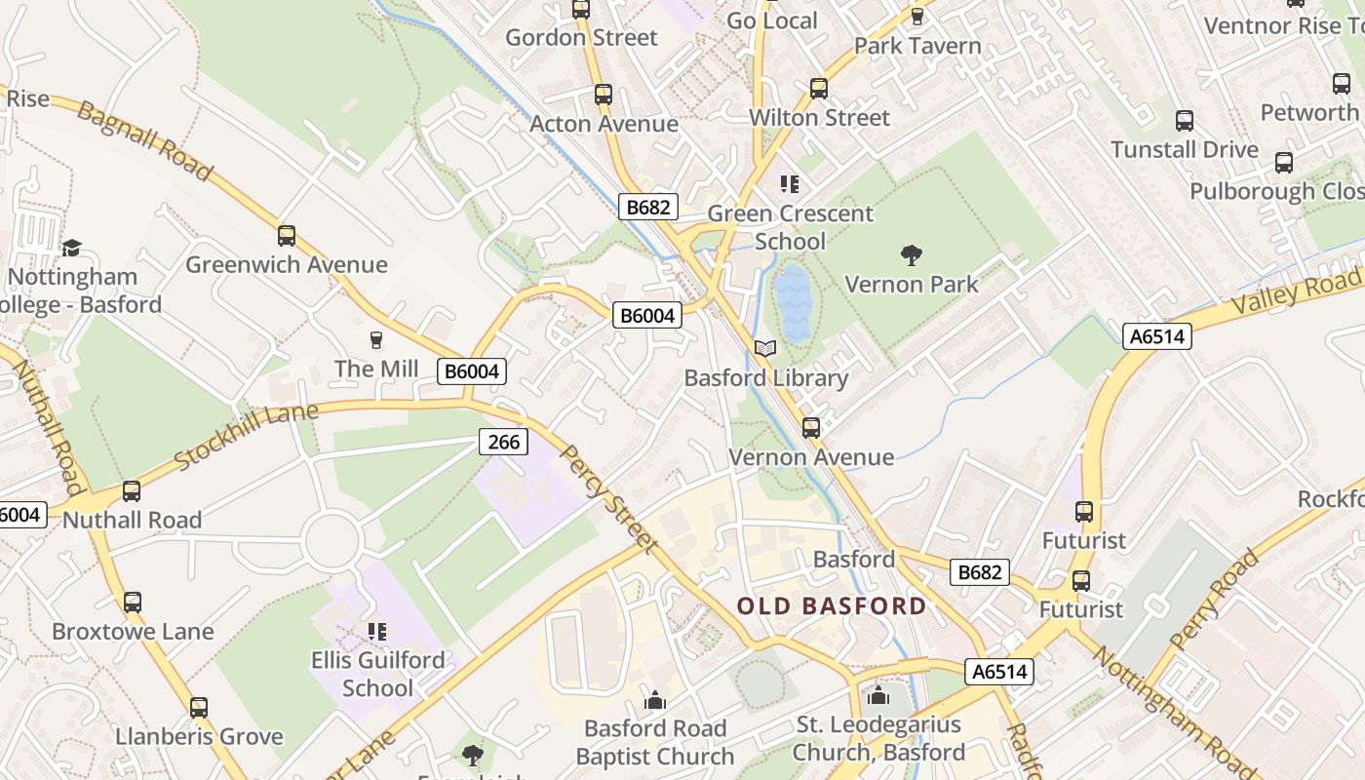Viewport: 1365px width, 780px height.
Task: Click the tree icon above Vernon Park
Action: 912,256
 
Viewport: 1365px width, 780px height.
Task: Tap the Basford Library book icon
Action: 766,349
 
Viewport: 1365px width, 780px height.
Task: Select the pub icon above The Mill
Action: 376,340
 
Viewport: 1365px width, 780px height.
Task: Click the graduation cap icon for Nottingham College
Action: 70,249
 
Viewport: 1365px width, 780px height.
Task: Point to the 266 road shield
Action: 503,442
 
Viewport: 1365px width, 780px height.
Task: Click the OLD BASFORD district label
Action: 831,606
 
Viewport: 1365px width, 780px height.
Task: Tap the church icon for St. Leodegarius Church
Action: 878,696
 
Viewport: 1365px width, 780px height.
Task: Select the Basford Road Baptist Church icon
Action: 655,701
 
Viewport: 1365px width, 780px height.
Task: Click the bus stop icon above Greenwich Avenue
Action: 287,236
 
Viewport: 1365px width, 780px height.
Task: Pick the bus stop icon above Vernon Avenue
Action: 811,428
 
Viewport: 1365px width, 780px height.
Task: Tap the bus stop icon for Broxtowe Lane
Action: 133,603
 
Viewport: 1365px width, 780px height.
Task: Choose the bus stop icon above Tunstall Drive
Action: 1185,121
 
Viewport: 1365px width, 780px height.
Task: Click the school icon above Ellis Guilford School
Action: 377,632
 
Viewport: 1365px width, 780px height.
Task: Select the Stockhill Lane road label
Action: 246,435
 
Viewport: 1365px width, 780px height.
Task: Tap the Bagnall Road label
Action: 144,140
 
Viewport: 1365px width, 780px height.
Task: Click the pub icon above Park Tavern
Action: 916,17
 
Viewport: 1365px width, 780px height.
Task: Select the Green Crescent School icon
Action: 790,184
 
